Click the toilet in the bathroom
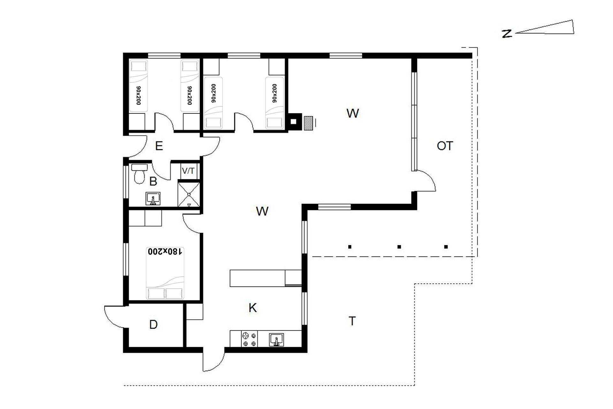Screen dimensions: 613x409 (x=139, y=174)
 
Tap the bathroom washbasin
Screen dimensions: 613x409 (x=153, y=198)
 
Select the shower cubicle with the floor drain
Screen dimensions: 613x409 (x=189, y=194)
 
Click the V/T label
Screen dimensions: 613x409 (x=188, y=171)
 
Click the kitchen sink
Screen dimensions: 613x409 (x=276, y=339)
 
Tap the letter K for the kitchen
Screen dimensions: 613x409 (x=253, y=308)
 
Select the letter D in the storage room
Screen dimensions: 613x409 (x=154, y=325)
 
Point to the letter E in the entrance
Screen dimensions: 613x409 (x=159, y=146)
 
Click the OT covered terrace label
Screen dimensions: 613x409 (x=445, y=146)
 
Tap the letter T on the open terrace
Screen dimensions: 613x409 (x=352, y=321)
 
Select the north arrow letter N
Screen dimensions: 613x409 (x=507, y=34)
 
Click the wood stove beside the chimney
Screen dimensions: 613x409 (x=308, y=123)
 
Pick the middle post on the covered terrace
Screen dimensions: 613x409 (x=399, y=247)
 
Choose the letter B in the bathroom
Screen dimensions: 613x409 (x=153, y=181)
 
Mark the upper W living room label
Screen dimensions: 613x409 (x=352, y=113)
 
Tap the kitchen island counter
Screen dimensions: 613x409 (x=257, y=278)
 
